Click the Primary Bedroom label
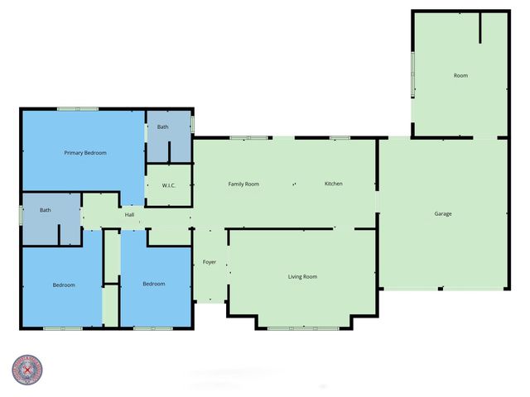[85, 153]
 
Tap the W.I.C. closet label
[168, 185]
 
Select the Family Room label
[243, 184]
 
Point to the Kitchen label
[333, 184]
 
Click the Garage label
[443, 214]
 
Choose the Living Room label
[302, 276]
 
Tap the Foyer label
[210, 262]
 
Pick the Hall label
[129, 215]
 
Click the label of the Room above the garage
[460, 76]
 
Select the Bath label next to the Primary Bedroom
[162, 127]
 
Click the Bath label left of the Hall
[46, 210]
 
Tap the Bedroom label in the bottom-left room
[64, 285]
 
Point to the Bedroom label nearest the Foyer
[153, 284]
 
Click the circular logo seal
[27, 370]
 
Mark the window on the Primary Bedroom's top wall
[78, 108]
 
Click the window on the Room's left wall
[413, 74]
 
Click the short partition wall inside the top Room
[479, 26]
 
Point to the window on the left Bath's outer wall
[21, 215]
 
